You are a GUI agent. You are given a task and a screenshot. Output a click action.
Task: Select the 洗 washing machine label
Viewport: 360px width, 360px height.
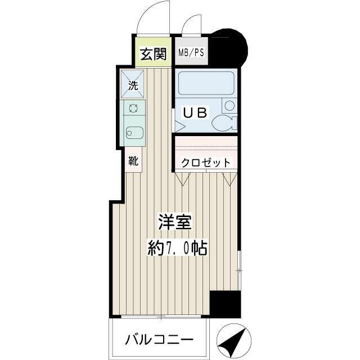point(133,86)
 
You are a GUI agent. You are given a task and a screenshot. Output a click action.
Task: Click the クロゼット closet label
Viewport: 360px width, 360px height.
point(205,163)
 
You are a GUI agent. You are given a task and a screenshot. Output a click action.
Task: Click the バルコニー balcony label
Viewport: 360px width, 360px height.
point(159,340)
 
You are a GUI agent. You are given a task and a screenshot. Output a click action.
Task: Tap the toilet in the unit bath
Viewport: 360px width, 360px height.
point(228,123)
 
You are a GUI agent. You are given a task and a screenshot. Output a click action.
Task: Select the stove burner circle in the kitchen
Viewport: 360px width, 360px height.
point(134,108)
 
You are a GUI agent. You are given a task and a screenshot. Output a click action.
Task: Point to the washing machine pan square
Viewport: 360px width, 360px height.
point(133,83)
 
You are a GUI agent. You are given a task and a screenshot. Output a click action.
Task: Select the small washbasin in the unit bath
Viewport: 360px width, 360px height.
point(229,105)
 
